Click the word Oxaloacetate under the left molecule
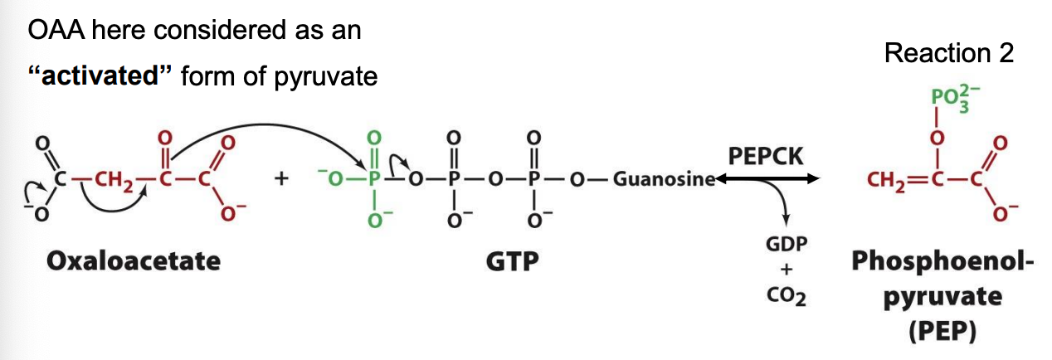[x=134, y=261]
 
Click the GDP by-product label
[x=787, y=246]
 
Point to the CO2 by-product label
[x=787, y=294]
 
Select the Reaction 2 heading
[x=948, y=53]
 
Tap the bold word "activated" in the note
[x=99, y=76]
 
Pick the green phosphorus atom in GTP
[x=375, y=179]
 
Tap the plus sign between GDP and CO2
[x=787, y=270]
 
